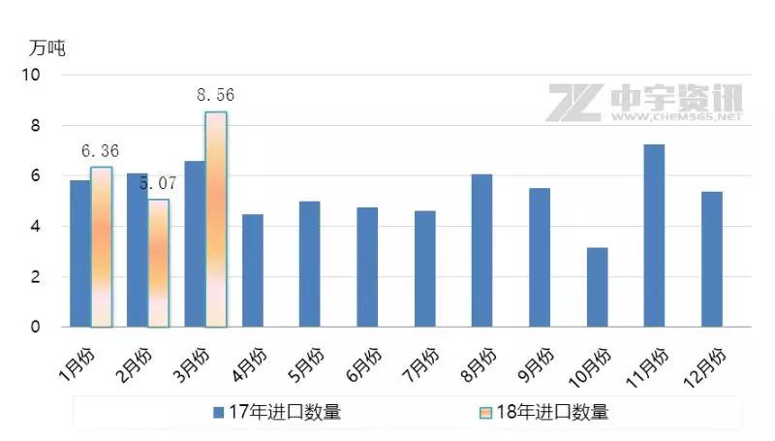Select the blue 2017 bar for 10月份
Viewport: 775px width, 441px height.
(x=597, y=287)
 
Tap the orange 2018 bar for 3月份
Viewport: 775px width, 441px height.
(x=216, y=220)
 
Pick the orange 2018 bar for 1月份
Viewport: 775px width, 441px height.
(x=101, y=247)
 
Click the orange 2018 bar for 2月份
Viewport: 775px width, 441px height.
(x=158, y=264)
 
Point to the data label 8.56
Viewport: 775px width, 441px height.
(x=215, y=96)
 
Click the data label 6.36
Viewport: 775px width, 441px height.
(x=101, y=151)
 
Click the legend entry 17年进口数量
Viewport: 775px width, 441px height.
(x=276, y=412)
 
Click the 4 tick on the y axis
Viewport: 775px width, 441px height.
(x=36, y=227)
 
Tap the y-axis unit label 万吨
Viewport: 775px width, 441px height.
(x=45, y=45)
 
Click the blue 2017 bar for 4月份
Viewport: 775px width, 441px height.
(x=252, y=270)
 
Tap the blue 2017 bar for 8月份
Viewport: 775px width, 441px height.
(x=481, y=250)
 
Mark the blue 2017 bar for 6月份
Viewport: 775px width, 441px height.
(x=367, y=267)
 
